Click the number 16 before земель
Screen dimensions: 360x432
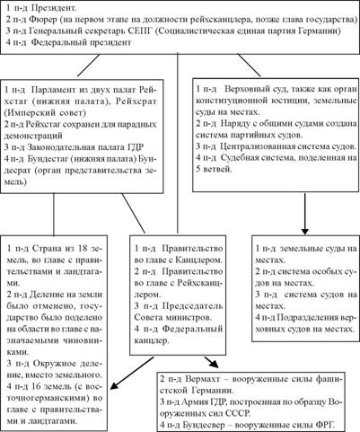pyautogui.click(x=38, y=386)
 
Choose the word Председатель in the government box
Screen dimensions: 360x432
pyautogui.click(x=193, y=305)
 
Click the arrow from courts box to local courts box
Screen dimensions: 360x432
pyautogui.click(x=304, y=214)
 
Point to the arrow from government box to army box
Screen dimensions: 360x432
pyautogui.click(x=212, y=362)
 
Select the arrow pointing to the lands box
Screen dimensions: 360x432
pyautogui.click(x=132, y=373)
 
